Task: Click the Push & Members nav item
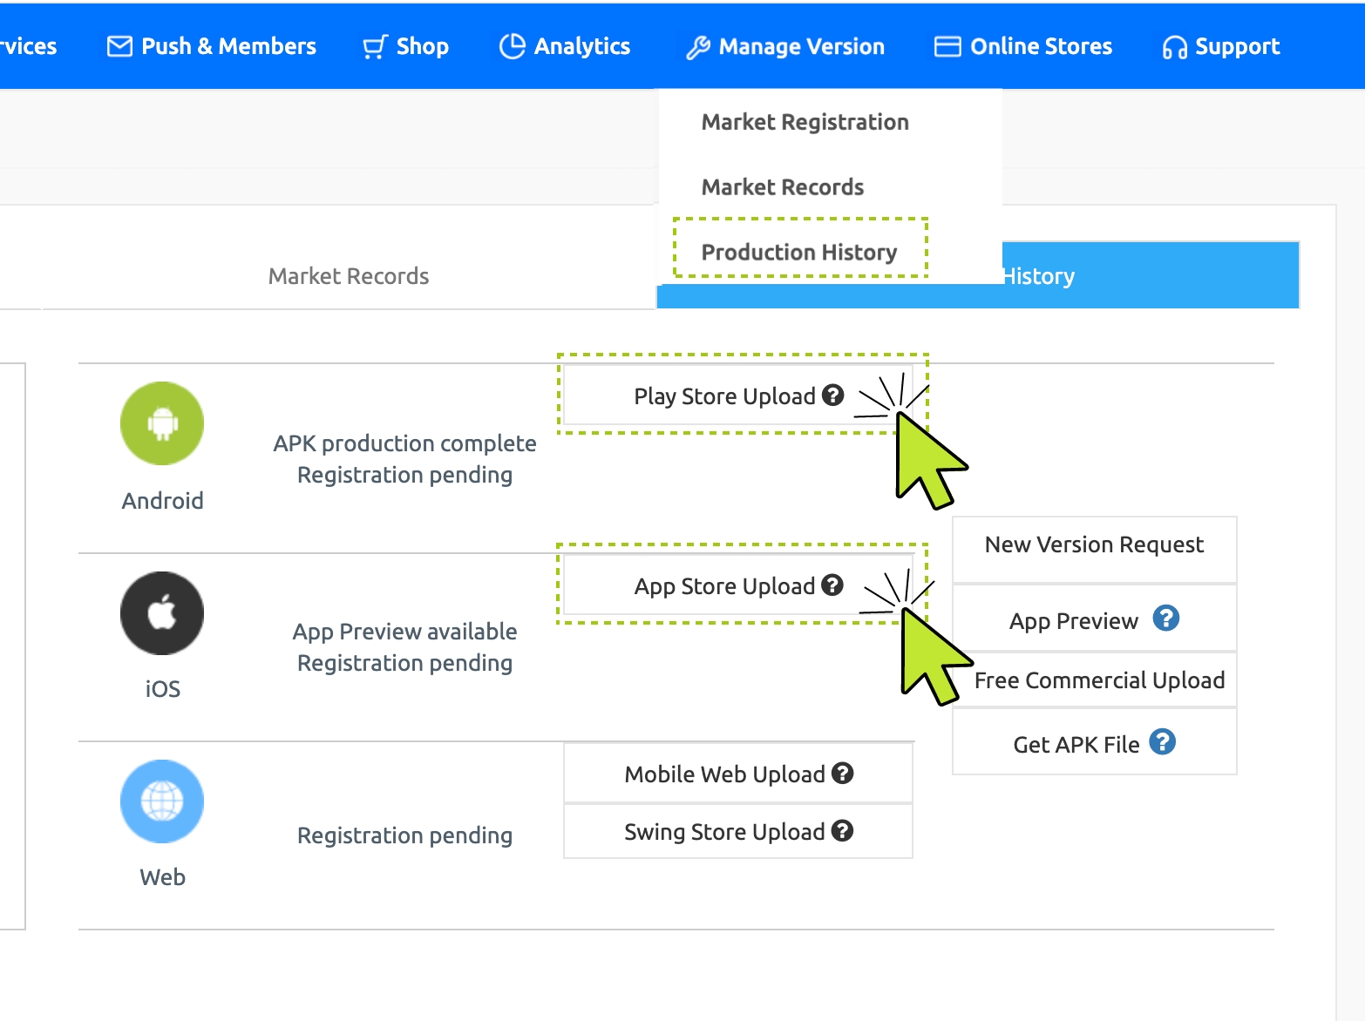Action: [212, 46]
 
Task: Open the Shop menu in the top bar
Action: [405, 46]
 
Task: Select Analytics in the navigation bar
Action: [565, 46]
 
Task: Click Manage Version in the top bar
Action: [784, 46]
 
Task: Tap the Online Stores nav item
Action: [1023, 46]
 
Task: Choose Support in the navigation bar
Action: [1220, 46]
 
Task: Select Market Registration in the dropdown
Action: [805, 123]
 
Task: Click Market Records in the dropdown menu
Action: [783, 187]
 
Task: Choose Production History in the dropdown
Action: [799, 253]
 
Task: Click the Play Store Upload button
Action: [737, 396]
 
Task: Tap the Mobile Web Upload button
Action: [738, 774]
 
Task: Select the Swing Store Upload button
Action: [738, 831]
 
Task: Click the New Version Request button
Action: [1095, 545]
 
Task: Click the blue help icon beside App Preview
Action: [1166, 619]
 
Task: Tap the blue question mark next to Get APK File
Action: [1162, 742]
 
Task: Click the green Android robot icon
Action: [162, 423]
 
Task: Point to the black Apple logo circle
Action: [162, 613]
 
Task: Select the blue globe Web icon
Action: [162, 801]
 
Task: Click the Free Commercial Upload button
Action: [1099, 680]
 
